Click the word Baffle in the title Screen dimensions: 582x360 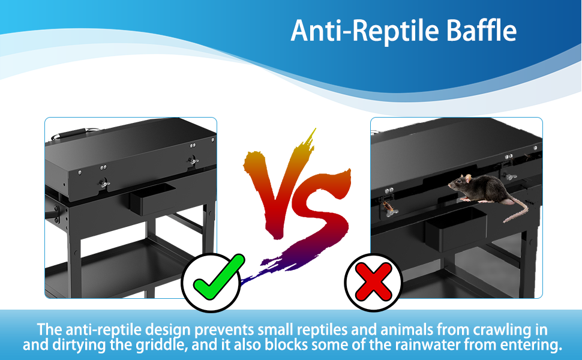[x=481, y=31]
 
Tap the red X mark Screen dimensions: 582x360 [x=373, y=282]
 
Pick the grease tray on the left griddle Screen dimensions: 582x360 [x=152, y=199]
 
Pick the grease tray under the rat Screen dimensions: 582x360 [x=455, y=228]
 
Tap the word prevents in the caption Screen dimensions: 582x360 [x=224, y=330]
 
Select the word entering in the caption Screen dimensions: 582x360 [x=531, y=346]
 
